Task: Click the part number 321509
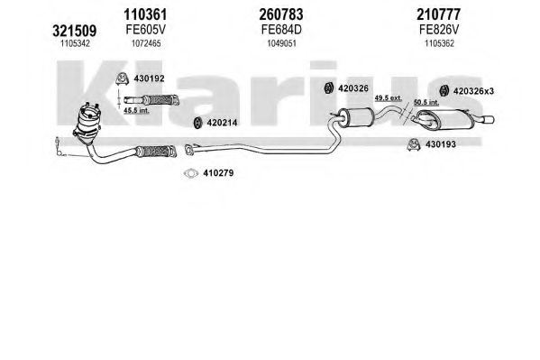pyautogui.click(x=75, y=31)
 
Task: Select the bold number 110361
pyautogui.click(x=145, y=14)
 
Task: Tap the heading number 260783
pyautogui.click(x=281, y=14)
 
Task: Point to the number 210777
pyautogui.click(x=438, y=14)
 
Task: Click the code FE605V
pyautogui.click(x=145, y=30)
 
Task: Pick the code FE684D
pyautogui.click(x=281, y=30)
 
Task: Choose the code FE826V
pyautogui.click(x=439, y=30)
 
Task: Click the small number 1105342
pyautogui.click(x=75, y=43)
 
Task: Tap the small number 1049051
pyautogui.click(x=281, y=43)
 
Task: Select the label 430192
pyautogui.click(x=149, y=78)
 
